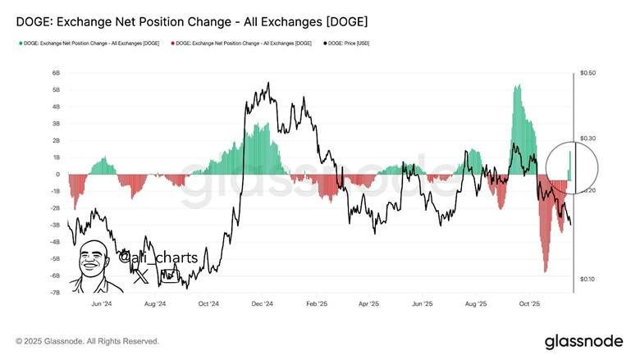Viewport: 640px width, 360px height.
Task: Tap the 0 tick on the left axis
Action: pyautogui.click(x=57, y=175)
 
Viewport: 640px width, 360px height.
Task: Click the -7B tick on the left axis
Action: pyautogui.click(x=54, y=293)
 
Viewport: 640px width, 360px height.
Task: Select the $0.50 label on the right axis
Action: pyautogui.click(x=587, y=73)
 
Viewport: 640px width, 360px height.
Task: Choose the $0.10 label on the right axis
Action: pyautogui.click(x=587, y=280)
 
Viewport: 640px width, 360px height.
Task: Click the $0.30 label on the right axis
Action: pyautogui.click(x=587, y=139)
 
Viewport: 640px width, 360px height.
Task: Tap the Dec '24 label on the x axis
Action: pyautogui.click(x=262, y=303)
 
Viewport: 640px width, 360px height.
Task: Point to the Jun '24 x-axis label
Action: pyautogui.click(x=102, y=303)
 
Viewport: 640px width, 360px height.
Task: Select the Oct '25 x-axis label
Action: pyautogui.click(x=529, y=303)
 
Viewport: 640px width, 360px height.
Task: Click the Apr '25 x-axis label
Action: pyautogui.click(x=368, y=303)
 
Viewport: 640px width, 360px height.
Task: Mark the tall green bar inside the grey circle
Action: pyautogui.click(x=570, y=163)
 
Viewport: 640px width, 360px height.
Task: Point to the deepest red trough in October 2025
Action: pyautogui.click(x=546, y=269)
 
